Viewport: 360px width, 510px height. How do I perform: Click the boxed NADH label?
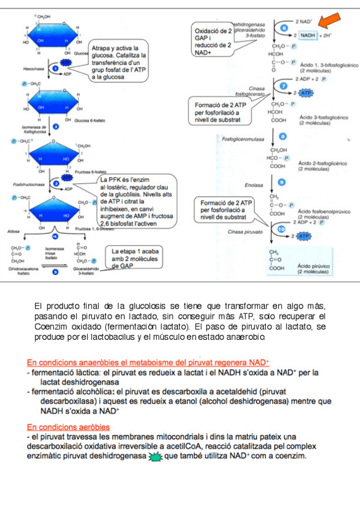pyautogui.click(x=308, y=35)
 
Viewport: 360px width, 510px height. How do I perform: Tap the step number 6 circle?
pyautogui.click(x=284, y=28)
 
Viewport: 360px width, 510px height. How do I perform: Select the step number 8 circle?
pyautogui.click(x=284, y=138)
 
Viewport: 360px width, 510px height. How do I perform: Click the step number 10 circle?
pyautogui.click(x=280, y=229)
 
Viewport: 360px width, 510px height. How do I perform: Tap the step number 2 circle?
pyautogui.click(x=55, y=127)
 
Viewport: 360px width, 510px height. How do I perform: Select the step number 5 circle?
pyautogui.click(x=55, y=272)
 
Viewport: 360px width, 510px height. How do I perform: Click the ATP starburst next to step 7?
pyautogui.click(x=305, y=93)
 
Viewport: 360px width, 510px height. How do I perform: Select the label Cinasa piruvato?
pyautogui.click(x=242, y=231)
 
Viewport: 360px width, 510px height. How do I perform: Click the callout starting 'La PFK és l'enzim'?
pyautogui.click(x=138, y=201)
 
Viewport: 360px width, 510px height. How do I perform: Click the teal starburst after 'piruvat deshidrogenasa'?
pyautogui.click(x=155, y=456)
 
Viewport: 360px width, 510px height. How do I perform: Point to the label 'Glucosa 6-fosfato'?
pyautogui.click(x=90, y=120)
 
